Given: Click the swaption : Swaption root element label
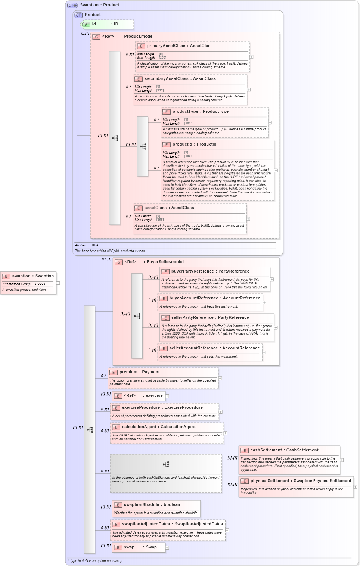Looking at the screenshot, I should [x=33, y=276].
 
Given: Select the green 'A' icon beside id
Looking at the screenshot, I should [x=86, y=25].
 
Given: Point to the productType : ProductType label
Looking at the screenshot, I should [x=200, y=112].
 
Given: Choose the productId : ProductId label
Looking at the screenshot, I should [x=194, y=144].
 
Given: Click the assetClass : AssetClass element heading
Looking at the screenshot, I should [x=169, y=208].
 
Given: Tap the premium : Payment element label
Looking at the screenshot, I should [x=139, y=372].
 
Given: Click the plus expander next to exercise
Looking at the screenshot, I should [x=167, y=396].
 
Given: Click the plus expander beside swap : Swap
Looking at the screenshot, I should [x=167, y=548].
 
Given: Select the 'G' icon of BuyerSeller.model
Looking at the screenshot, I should [x=119, y=262].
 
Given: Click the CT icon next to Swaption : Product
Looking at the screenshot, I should [x=72, y=6].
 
